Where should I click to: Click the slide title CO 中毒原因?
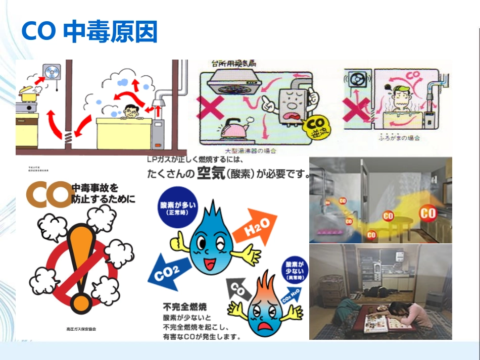[x=89, y=31]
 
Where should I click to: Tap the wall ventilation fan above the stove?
[x=51, y=72]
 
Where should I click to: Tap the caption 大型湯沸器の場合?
[x=251, y=150]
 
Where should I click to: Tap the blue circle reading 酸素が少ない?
[x=294, y=270]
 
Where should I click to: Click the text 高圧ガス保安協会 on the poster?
[x=80, y=329]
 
